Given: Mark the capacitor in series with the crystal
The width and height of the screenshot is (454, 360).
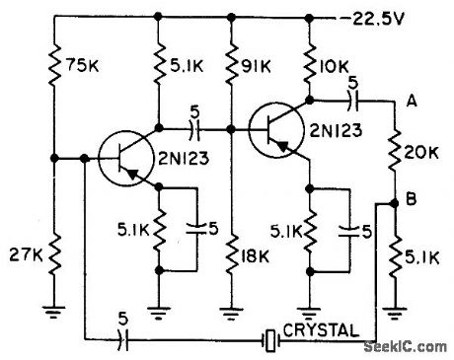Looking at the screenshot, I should [x=120, y=341].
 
